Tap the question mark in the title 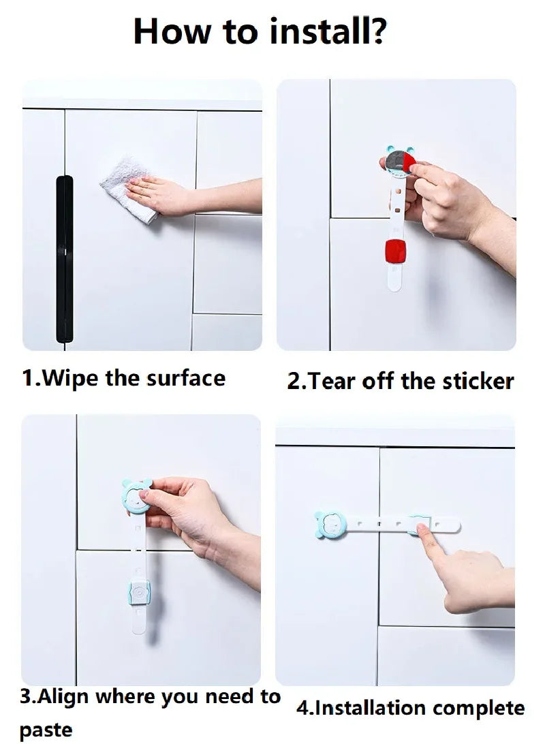[377, 32]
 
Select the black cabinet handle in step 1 [63, 259]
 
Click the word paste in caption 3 [46, 730]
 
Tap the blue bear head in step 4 [332, 525]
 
